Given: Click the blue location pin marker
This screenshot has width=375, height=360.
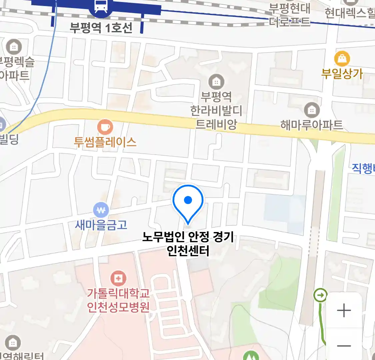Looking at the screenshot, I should (188, 202).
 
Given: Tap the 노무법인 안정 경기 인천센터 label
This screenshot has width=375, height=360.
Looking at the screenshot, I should (188, 244).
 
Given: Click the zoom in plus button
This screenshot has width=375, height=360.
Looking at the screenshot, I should (344, 310).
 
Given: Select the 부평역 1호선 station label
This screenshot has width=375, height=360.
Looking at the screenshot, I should (101, 27).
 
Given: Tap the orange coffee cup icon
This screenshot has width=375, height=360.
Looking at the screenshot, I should (105, 127).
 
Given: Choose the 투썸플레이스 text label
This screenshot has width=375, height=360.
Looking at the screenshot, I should (105, 142).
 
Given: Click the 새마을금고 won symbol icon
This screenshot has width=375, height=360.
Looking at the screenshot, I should (101, 210).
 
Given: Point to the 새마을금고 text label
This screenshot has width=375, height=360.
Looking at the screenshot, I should (101, 225).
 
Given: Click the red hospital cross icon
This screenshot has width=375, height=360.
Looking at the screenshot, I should (118, 278).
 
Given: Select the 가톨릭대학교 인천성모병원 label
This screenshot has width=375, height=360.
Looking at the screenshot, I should (118, 300).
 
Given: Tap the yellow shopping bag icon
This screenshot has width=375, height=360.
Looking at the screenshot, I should (342, 59).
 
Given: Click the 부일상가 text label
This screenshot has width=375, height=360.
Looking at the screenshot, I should (342, 74).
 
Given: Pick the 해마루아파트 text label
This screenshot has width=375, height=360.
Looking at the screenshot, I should (312, 125).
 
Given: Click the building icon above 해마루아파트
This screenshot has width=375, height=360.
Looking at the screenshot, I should (312, 110).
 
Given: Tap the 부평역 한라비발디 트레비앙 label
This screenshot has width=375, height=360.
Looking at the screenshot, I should (216, 111).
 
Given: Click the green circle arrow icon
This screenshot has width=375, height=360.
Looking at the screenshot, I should (321, 295).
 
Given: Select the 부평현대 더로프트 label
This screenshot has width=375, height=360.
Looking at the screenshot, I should (289, 15).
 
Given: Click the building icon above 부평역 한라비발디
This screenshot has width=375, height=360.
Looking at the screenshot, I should (216, 81).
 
